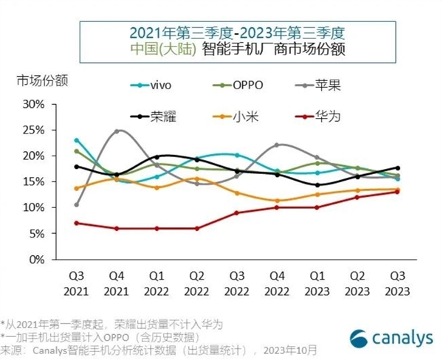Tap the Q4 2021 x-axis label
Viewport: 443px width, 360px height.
coord(116,283)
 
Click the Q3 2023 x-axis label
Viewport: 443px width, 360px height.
coord(397,283)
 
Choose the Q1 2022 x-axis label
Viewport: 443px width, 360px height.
coord(156,283)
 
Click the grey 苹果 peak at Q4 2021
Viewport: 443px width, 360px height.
coord(117,131)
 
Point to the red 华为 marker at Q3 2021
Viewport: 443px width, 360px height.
coord(76,223)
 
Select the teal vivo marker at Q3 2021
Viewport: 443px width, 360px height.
coord(76,140)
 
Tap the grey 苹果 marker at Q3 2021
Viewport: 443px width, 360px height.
coord(76,204)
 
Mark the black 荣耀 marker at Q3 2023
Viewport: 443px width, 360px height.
coord(397,168)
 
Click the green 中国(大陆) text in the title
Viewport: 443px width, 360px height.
coord(160,50)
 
